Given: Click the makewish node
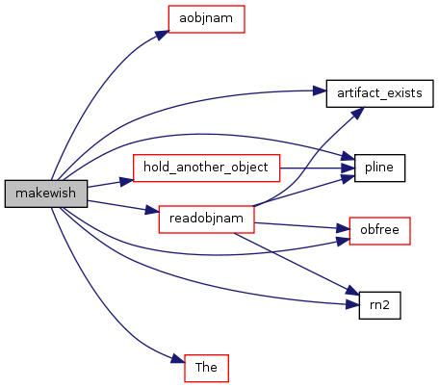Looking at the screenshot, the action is click(46, 194).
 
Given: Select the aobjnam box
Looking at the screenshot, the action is click(206, 19).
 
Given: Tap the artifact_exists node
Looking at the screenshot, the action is click(379, 93).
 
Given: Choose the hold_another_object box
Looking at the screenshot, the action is click(206, 168).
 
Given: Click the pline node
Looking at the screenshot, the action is click(379, 168).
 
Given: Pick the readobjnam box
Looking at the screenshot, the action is click(206, 220).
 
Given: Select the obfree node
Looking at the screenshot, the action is click(379, 231).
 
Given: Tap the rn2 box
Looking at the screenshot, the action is click(379, 305).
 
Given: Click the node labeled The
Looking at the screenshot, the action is click(206, 368).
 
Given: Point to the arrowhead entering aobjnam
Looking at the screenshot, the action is click(163, 35).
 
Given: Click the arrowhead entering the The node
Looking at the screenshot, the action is click(178, 359).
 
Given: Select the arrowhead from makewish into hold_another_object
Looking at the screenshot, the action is click(126, 182).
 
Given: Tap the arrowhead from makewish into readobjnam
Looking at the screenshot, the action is click(152, 210).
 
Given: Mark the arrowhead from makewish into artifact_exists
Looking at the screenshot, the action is click(320, 91).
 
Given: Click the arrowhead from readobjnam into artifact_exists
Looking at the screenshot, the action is click(357, 113).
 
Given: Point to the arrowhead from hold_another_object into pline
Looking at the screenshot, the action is click(348, 168).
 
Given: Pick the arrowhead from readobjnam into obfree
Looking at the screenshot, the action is click(343, 229).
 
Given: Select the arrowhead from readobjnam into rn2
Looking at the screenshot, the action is click(352, 291).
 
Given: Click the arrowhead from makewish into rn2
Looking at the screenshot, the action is click(352, 304).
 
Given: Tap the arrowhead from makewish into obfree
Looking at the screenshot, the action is click(343, 241).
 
